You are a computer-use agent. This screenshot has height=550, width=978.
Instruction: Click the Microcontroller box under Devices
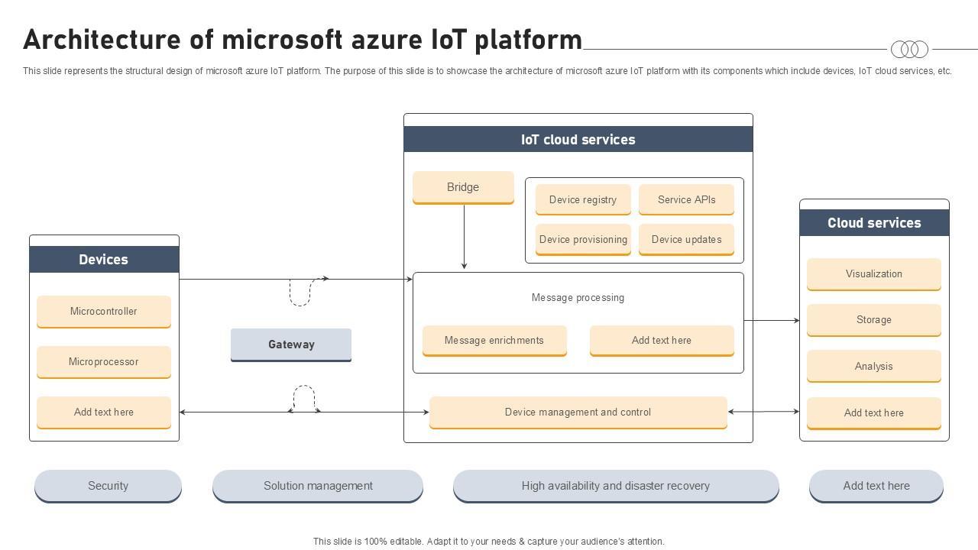(x=104, y=312)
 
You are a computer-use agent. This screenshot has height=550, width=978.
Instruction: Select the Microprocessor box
(x=104, y=362)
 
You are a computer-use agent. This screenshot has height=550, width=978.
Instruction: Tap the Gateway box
(x=291, y=345)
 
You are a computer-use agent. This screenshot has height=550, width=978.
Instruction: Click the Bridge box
(x=463, y=187)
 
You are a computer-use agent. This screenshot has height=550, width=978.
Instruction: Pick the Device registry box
(x=583, y=200)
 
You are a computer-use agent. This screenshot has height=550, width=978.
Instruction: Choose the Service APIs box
(x=686, y=200)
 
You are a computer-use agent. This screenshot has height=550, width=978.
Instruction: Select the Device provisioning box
(x=583, y=240)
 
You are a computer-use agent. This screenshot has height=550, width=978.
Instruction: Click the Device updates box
(x=686, y=240)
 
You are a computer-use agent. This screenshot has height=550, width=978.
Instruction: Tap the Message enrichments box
(x=494, y=341)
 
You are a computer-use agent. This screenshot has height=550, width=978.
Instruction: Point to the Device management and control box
(x=578, y=412)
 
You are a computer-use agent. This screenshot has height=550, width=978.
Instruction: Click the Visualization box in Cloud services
(x=873, y=274)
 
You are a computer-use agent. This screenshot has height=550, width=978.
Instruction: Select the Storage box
(x=873, y=320)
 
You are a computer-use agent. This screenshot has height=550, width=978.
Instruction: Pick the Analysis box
(x=873, y=367)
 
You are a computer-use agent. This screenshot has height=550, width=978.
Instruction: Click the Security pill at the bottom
(x=108, y=486)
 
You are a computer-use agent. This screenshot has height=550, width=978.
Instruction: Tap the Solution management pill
(x=318, y=486)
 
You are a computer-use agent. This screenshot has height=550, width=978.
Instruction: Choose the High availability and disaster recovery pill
(x=616, y=486)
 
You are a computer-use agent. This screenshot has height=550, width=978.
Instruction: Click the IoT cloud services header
(x=578, y=140)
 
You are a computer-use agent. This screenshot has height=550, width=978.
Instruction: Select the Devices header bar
(x=104, y=260)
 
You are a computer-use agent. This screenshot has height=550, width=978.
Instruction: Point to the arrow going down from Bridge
(x=464, y=237)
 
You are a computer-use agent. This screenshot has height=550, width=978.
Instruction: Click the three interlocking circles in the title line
(x=909, y=50)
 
